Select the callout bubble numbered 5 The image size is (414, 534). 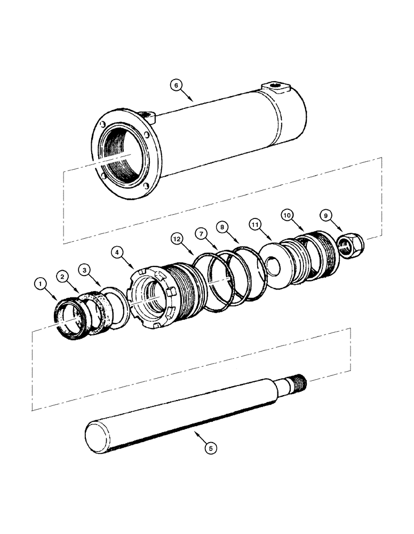click(212, 448)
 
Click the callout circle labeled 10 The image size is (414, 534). click(288, 215)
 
